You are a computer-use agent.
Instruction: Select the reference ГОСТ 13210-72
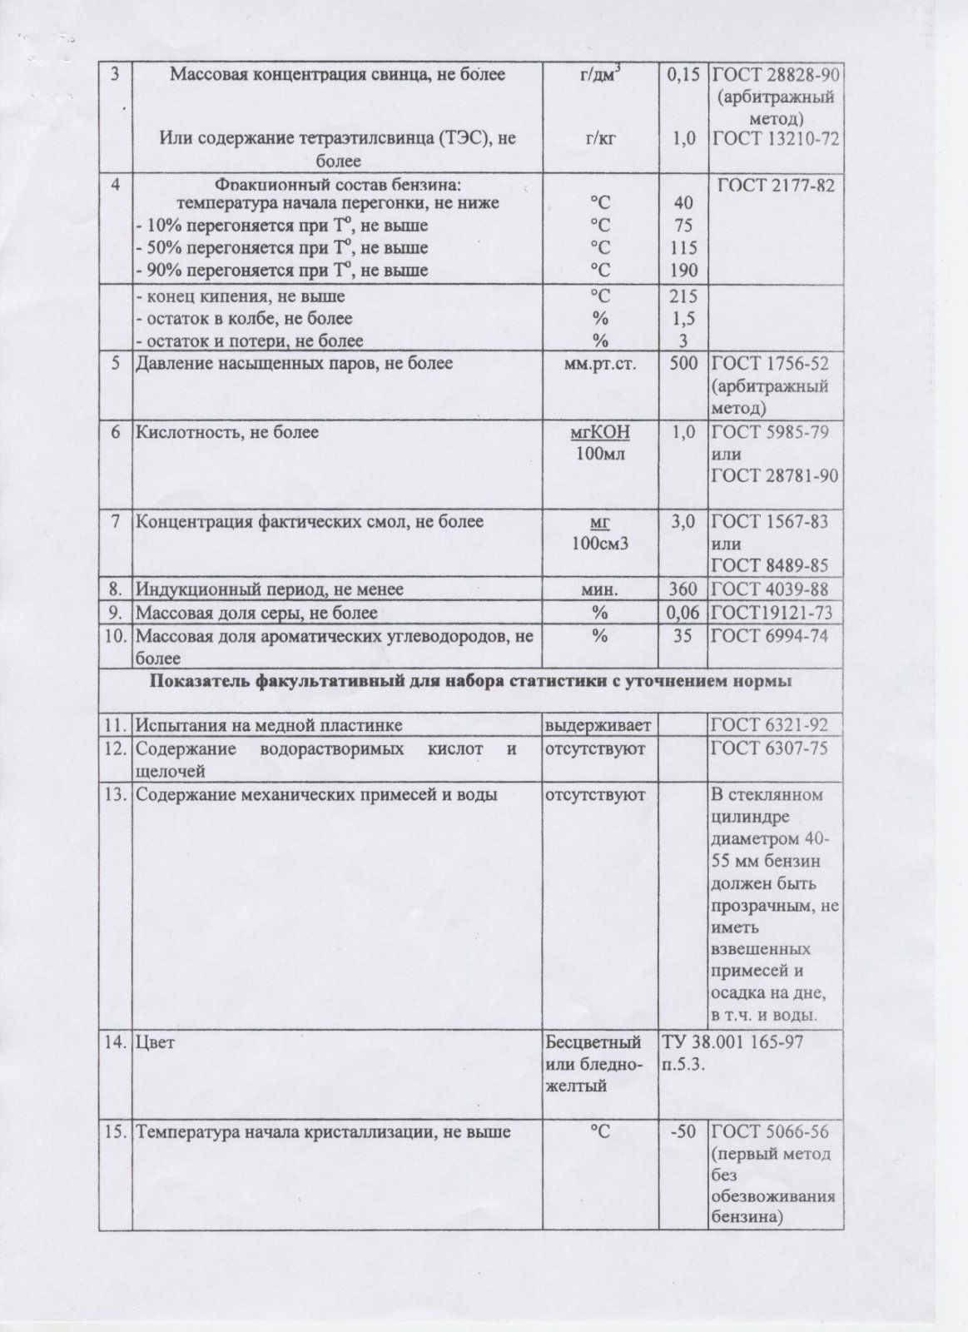pyautogui.click(x=773, y=138)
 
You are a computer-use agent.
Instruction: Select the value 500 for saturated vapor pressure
pyautogui.click(x=683, y=364)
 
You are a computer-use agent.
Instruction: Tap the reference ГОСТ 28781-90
pyautogui.click(x=773, y=476)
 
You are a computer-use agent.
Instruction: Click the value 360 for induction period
pyautogui.click(x=683, y=589)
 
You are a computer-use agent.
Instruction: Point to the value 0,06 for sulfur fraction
pyautogui.click(x=683, y=614)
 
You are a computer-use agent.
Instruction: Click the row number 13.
pyautogui.click(x=115, y=794)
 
